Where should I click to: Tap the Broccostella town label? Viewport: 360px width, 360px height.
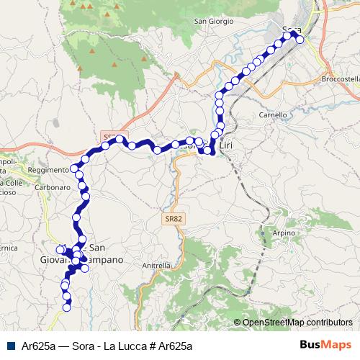tap(341, 78)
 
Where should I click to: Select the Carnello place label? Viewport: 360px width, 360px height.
tap(273, 114)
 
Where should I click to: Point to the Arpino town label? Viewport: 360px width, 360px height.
tap(284, 233)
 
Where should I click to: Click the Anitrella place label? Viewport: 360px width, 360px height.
tap(156, 265)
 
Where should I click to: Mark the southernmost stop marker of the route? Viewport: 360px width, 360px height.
tap(67, 307)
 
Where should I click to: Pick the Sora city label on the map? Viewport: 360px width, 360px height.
tap(291, 30)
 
